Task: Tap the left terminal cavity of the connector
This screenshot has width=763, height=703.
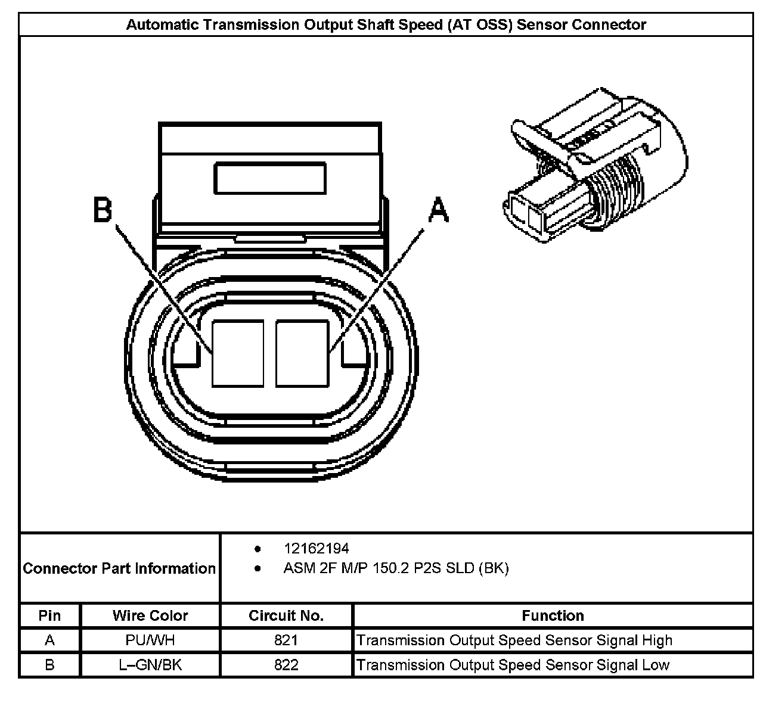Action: [238, 353]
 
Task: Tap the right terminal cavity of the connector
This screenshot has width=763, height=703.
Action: [302, 353]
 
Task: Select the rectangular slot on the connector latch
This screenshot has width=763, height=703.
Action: [269, 179]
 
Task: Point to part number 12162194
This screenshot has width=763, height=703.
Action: [317, 548]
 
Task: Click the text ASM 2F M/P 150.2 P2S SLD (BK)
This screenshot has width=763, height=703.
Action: [396, 568]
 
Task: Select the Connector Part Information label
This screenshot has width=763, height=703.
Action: [119, 568]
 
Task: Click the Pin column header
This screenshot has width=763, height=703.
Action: [49, 615]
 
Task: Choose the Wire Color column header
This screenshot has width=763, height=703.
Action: [150, 615]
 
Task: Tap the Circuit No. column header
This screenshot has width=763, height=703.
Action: [286, 615]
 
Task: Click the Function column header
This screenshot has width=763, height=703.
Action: [553, 615]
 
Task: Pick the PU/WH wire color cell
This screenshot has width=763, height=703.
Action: [150, 640]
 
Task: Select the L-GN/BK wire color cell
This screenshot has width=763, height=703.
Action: [150, 665]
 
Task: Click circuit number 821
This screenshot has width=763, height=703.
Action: [286, 640]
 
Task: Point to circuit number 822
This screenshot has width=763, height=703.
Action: [286, 665]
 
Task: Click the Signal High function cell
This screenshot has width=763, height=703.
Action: [514, 640]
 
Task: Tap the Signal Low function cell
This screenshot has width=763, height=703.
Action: [513, 665]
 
